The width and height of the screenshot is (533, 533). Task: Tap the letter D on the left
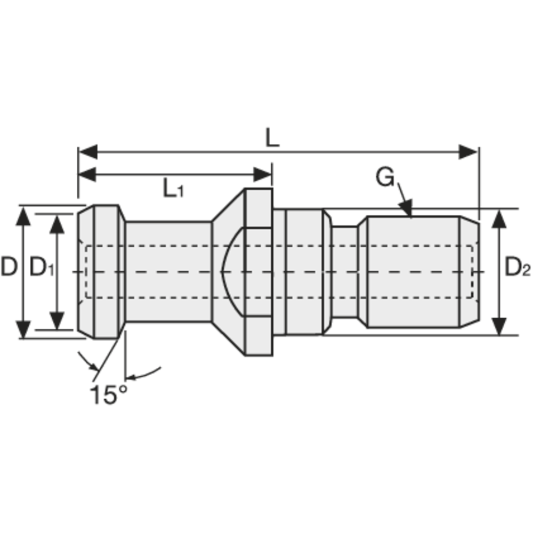coord(9,267)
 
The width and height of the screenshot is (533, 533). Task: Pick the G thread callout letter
coord(384,177)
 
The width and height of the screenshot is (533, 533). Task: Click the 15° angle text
coord(108,395)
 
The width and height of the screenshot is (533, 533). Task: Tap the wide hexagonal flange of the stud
coord(259,272)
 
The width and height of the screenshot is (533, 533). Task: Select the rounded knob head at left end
coord(101,272)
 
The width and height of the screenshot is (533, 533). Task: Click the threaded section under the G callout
coord(410,272)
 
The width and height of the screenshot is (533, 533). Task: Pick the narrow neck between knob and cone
coord(168,272)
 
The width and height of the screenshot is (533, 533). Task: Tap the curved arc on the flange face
coord(226,272)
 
